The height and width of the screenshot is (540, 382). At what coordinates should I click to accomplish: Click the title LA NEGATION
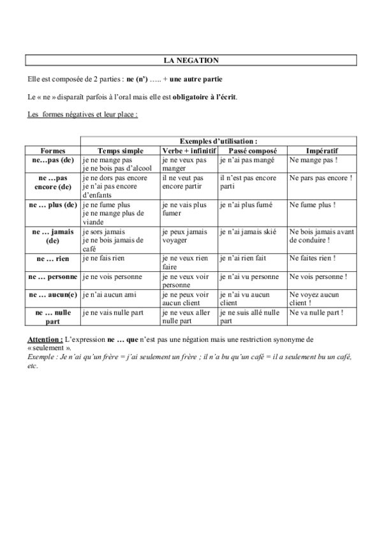coord(191,60)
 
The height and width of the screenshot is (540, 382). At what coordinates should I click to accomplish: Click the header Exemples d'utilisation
coord(219,141)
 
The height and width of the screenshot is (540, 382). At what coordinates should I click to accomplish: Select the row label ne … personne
coord(52,278)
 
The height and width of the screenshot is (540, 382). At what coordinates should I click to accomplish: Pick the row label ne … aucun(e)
coord(52,295)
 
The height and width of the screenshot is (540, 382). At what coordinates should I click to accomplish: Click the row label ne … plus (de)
coord(52,205)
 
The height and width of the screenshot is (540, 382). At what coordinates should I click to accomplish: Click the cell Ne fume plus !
coord(312,205)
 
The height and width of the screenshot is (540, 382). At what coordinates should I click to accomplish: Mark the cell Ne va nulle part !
coord(316,313)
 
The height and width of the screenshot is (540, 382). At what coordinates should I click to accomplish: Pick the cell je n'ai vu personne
coord(249,278)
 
